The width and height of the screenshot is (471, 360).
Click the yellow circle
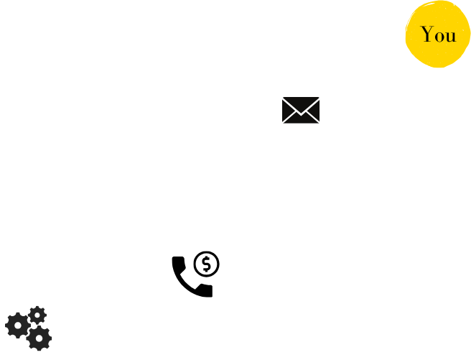pyautogui.click(x=438, y=34)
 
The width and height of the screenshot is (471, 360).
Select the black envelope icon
pyautogui.click(x=301, y=110)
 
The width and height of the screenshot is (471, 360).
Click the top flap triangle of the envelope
pyautogui.click(x=301, y=103)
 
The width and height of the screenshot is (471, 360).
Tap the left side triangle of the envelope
pyautogui.click(x=287, y=110)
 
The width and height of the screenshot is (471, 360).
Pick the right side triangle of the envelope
pyautogui.click(x=314, y=110)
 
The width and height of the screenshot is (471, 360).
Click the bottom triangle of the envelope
pyautogui.click(x=301, y=119)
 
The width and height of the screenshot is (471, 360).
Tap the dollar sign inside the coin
pyautogui.click(x=206, y=264)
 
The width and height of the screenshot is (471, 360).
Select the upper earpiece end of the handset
pyautogui.click(x=179, y=262)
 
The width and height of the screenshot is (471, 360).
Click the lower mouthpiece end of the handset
pyautogui.click(x=206, y=290)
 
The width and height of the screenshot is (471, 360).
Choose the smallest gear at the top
pyautogui.click(x=37, y=315)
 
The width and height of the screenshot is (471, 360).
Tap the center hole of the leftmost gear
pyautogui.click(x=18, y=326)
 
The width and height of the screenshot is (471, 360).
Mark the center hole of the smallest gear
pyautogui.click(x=37, y=315)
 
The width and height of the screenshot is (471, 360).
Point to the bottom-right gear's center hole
pyautogui.click(x=39, y=338)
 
